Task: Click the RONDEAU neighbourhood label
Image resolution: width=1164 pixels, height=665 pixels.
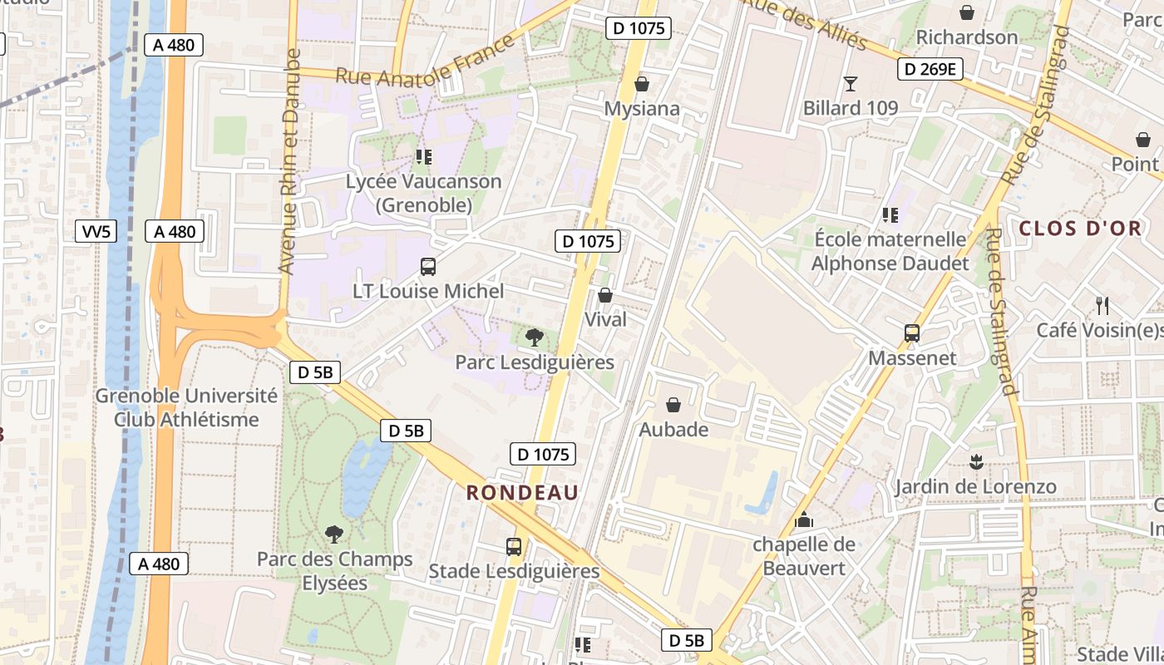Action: coord(522,492)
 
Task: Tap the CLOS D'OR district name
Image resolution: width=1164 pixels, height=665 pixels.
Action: coord(1080,229)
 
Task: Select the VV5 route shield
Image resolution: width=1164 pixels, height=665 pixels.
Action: coord(96,232)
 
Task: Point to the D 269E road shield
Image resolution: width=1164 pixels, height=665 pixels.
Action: coord(930,69)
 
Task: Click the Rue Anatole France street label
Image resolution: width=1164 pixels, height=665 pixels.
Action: coord(425,63)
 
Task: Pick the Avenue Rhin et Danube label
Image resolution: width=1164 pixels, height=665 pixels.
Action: coord(289,162)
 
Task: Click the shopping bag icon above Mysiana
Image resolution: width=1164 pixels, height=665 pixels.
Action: coord(641,84)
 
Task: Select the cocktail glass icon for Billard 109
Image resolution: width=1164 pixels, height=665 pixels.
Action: coord(850,83)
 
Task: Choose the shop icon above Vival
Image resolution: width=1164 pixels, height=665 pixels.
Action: coord(605,295)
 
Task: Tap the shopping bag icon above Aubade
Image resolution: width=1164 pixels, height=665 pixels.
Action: coord(673,405)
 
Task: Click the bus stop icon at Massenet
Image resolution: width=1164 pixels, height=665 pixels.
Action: coord(912,333)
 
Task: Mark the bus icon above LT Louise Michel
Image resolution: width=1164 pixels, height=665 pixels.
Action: coord(428,267)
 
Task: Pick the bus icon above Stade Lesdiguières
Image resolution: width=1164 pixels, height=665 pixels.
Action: coord(514,546)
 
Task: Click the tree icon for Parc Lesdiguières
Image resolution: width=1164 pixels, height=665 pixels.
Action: coord(535,337)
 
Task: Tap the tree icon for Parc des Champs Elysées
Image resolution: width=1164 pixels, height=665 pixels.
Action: coord(334,534)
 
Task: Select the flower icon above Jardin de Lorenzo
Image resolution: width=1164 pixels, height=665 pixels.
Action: coord(975,461)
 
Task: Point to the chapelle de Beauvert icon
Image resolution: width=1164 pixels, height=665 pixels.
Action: coord(804,520)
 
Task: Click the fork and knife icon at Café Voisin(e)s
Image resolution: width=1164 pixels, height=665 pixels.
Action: coord(1102,305)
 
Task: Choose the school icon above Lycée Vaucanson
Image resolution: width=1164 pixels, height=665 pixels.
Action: coord(424,156)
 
